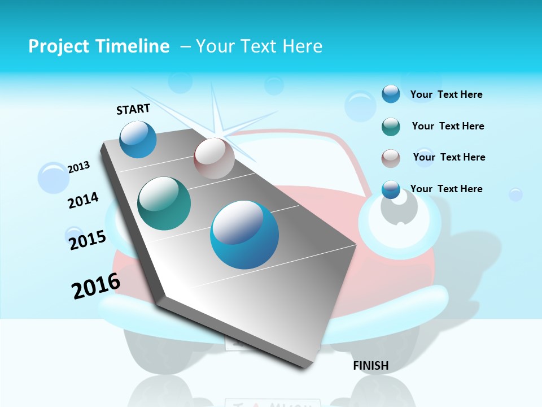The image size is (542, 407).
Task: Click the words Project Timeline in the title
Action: tap(99, 46)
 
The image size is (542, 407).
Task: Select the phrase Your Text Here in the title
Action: tap(259, 46)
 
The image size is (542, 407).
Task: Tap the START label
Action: tap(133, 109)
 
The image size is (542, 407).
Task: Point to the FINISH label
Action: tap(370, 366)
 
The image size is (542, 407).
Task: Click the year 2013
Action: tap(78, 167)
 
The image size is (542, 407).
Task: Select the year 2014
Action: tap(83, 200)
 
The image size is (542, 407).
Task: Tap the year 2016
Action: tap(96, 286)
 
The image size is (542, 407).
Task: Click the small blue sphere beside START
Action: tap(138, 139)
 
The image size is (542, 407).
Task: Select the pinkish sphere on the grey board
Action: tap(214, 158)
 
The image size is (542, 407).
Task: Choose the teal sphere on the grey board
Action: tap(164, 203)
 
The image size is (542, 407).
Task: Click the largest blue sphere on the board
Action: tap(244, 235)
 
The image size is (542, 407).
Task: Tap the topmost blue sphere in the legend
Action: tap(391, 94)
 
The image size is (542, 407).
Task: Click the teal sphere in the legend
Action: tap(391, 127)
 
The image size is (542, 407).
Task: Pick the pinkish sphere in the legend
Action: tap(391, 158)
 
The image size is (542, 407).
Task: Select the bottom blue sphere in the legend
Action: tap(391, 189)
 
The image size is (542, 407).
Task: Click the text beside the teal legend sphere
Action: tap(448, 126)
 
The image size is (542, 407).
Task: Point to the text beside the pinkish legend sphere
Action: tap(449, 157)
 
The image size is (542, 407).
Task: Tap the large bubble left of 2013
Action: tap(53, 177)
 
